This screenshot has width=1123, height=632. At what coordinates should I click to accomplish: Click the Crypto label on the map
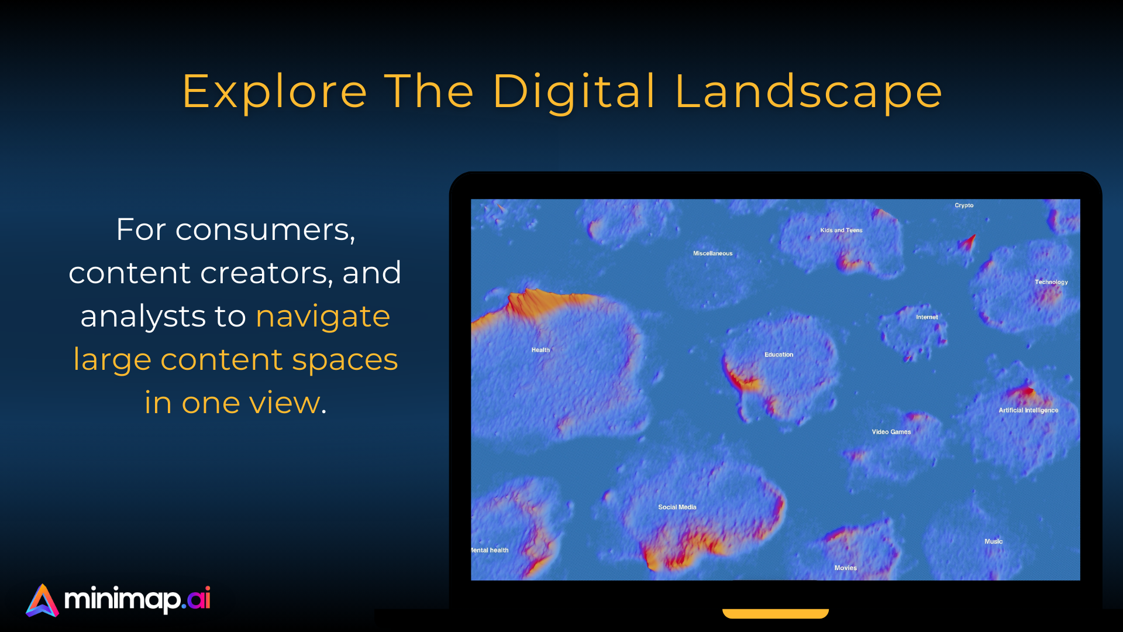pyautogui.click(x=964, y=205)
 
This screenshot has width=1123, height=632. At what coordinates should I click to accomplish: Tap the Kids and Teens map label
pyautogui.click(x=841, y=231)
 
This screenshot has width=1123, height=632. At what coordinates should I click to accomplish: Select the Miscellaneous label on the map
pyautogui.click(x=712, y=253)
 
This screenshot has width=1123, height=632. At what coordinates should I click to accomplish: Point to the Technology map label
pyautogui.click(x=1051, y=282)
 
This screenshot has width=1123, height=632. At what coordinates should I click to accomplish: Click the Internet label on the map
pyautogui.click(x=926, y=317)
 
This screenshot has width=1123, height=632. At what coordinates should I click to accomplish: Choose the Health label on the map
pyautogui.click(x=540, y=350)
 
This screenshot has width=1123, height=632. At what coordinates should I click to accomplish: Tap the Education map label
pyautogui.click(x=778, y=355)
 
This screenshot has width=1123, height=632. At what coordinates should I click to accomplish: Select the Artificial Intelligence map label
pyautogui.click(x=1028, y=410)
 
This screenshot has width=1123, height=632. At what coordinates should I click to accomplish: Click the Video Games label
pyautogui.click(x=891, y=432)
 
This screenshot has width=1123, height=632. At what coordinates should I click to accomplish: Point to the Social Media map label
pyautogui.click(x=677, y=507)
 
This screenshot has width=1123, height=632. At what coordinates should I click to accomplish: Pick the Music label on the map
pyautogui.click(x=993, y=541)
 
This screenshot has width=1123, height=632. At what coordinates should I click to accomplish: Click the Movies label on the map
pyautogui.click(x=845, y=568)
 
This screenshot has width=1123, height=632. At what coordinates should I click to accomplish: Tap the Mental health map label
pyautogui.click(x=490, y=550)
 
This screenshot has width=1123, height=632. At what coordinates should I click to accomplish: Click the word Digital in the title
pyautogui.click(x=574, y=92)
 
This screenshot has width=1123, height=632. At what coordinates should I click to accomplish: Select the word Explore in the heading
pyautogui.click(x=274, y=92)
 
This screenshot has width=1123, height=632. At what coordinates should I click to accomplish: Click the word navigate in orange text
pyautogui.click(x=323, y=317)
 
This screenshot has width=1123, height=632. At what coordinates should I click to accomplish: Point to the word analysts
pyautogui.click(x=143, y=317)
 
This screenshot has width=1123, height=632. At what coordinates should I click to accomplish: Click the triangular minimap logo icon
pyautogui.click(x=42, y=600)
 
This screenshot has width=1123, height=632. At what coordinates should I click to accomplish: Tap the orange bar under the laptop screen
pyautogui.click(x=776, y=613)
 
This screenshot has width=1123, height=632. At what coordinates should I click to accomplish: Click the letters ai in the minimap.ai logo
pyautogui.click(x=199, y=599)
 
